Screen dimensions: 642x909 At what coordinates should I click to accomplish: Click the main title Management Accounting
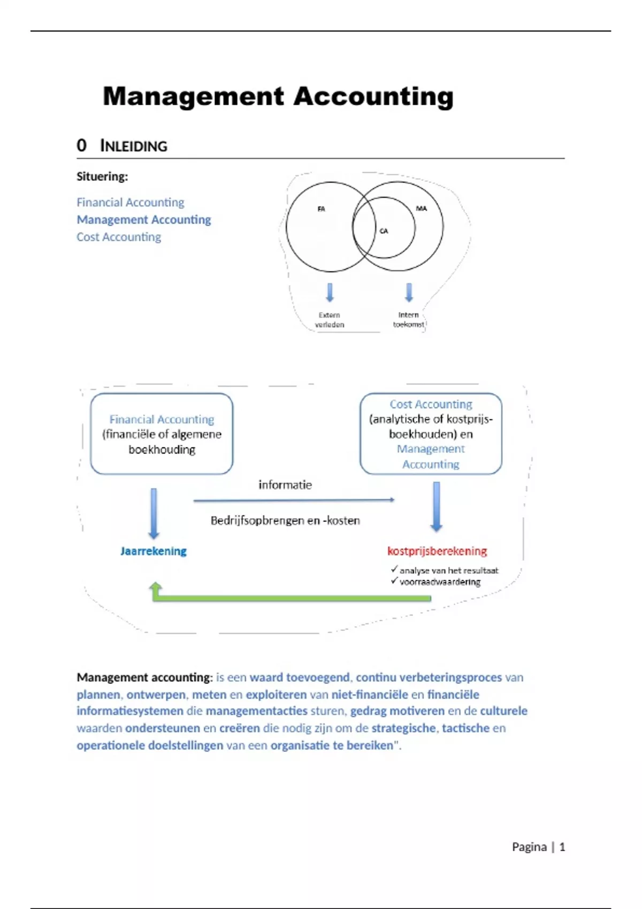click(278, 97)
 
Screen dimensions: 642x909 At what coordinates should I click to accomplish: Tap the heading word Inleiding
click(134, 145)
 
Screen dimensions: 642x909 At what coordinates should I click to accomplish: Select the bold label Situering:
click(102, 176)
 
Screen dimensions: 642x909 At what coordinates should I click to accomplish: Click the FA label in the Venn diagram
click(321, 209)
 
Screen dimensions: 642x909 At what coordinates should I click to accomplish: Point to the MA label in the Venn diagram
click(422, 209)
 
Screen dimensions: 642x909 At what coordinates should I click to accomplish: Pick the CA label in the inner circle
click(384, 231)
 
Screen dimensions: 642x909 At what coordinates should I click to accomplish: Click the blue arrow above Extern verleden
click(330, 292)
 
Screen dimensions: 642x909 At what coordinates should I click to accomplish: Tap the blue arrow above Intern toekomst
click(409, 292)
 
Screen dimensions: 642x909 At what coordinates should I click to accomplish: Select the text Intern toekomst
click(409, 320)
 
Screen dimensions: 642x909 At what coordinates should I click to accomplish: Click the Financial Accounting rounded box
click(162, 434)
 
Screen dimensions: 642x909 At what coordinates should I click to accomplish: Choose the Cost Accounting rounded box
click(431, 434)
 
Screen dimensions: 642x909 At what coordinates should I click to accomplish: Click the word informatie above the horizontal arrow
click(285, 485)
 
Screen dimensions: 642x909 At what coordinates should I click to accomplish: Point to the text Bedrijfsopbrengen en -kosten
click(285, 521)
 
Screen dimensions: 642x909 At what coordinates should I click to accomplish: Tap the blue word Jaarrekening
click(154, 551)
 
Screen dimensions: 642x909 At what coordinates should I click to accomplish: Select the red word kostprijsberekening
click(437, 551)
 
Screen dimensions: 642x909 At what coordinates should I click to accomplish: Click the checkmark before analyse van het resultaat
click(394, 569)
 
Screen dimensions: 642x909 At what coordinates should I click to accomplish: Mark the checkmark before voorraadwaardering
click(394, 581)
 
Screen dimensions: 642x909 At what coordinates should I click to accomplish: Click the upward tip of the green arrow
click(156, 583)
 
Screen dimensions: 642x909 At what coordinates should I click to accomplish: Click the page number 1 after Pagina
click(562, 847)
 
